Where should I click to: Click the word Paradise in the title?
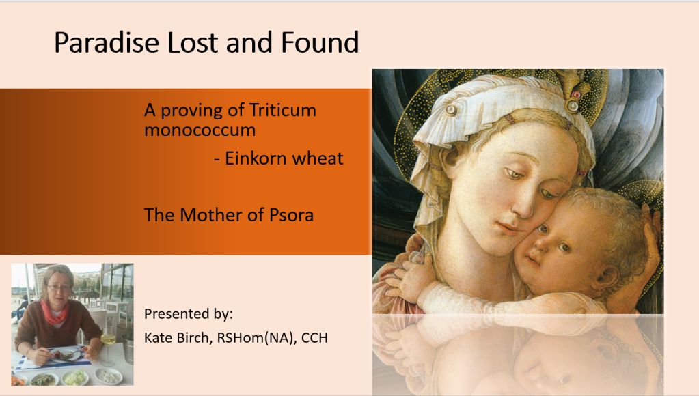[107, 42]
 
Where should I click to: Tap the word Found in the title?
[320, 42]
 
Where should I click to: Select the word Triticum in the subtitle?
[283, 110]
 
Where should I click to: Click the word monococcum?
[200, 130]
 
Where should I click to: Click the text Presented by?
[189, 314]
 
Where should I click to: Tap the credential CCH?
[314, 338]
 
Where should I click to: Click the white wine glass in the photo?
[108, 348]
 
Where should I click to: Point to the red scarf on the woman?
[55, 312]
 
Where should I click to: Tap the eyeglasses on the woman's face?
[58, 287]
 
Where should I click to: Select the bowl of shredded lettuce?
[75, 378]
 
